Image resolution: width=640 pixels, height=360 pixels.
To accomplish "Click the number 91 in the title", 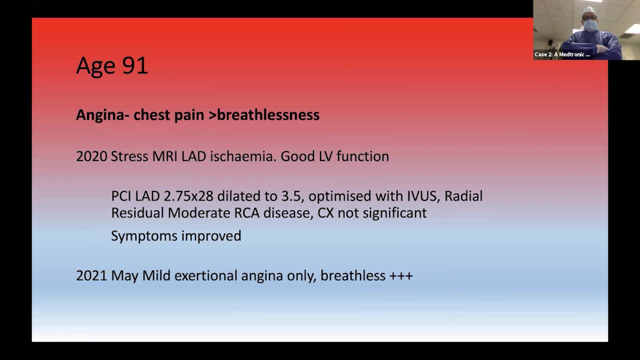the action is pos(135,65).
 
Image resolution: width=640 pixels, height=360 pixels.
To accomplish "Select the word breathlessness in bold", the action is pos(268,115).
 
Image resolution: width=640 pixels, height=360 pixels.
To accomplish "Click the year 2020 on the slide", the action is pos(91,156).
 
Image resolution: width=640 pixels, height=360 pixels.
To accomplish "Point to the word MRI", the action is pos(165,156).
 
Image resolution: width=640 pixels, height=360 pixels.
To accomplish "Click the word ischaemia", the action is pos(243,156).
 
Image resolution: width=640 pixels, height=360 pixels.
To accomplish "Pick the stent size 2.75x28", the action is pos(188,196).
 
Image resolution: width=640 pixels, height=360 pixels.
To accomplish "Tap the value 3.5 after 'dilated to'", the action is pos(291,196).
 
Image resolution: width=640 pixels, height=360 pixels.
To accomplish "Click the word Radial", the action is pos(463,196).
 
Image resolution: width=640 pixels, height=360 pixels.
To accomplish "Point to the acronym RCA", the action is pos(247,213).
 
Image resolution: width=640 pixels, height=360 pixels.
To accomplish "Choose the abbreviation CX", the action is pos(325,213).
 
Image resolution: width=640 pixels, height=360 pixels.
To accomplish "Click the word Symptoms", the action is pos(144,236).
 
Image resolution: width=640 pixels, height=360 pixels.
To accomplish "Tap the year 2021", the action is pos(91,275).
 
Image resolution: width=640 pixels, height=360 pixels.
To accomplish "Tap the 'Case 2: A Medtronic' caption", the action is pos(562,54).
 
